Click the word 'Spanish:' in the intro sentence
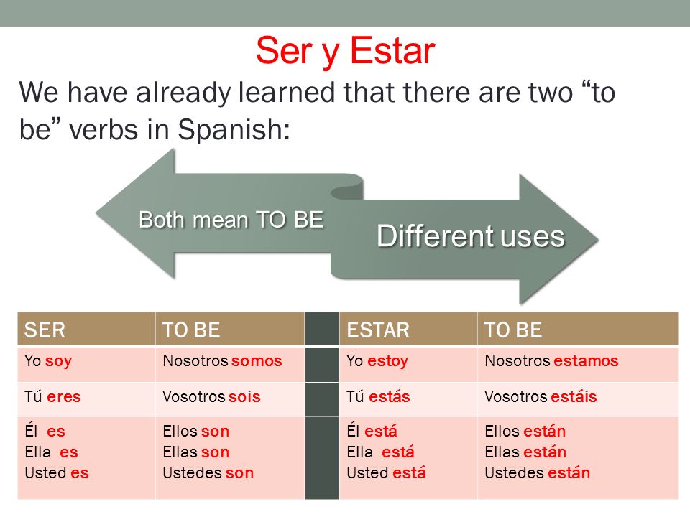click(x=234, y=129)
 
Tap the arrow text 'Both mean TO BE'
click(x=231, y=220)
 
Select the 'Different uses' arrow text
click(x=470, y=236)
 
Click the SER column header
click(x=45, y=330)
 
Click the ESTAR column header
click(x=378, y=330)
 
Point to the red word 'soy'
click(x=58, y=361)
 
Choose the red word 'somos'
click(x=257, y=361)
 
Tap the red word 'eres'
click(x=64, y=396)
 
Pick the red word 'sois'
click(x=244, y=396)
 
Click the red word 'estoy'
click(x=387, y=361)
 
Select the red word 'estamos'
click(x=586, y=361)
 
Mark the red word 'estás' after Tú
click(x=389, y=396)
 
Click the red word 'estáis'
click(x=574, y=396)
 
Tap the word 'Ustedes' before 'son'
click(x=193, y=472)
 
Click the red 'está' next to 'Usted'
click(x=409, y=472)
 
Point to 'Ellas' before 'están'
click(x=502, y=452)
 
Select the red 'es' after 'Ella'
click(x=69, y=452)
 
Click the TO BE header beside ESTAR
click(x=513, y=330)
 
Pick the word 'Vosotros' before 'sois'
click(x=194, y=396)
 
